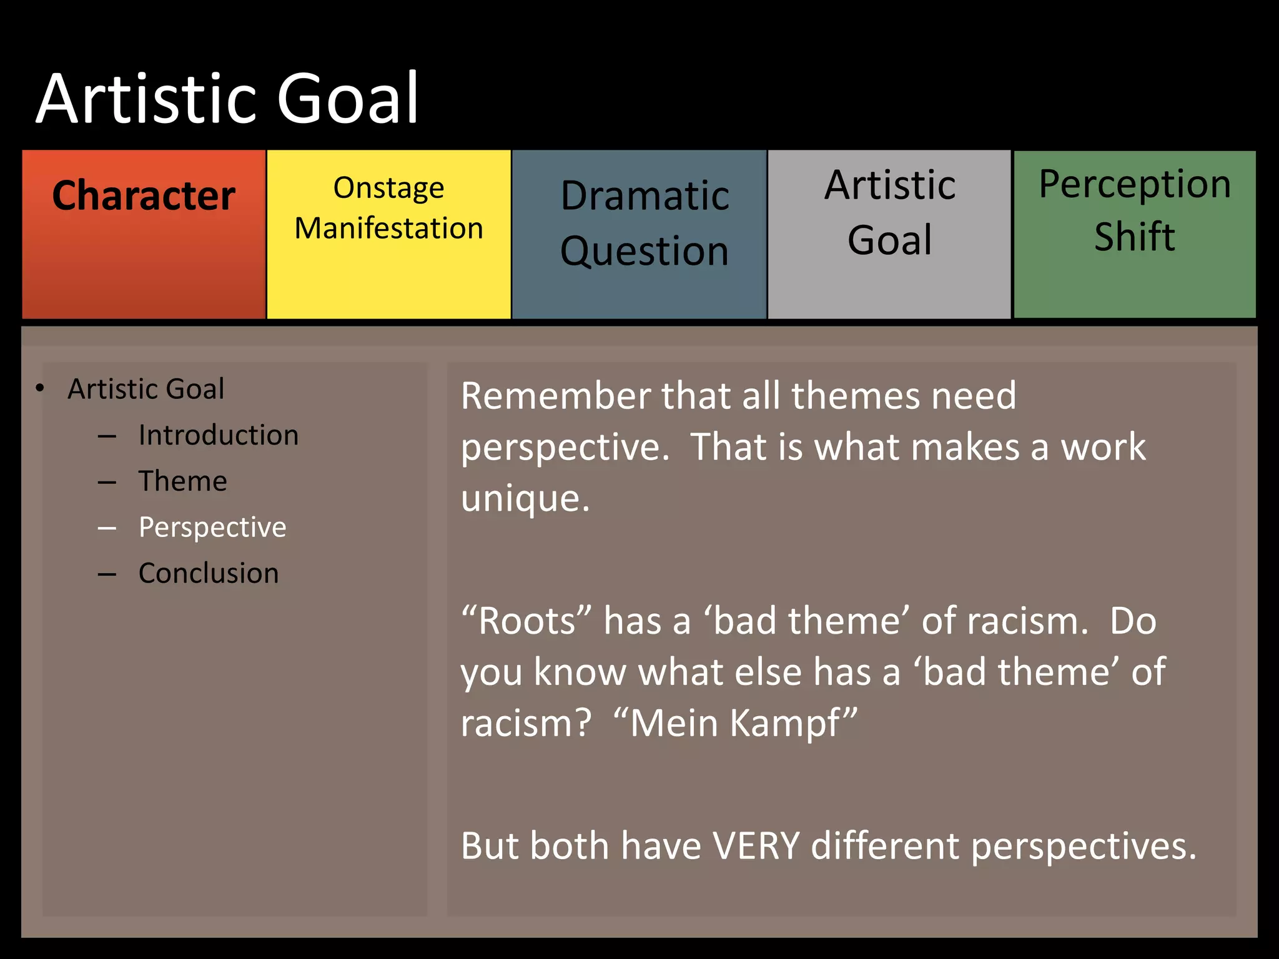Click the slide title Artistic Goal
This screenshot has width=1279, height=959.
pos(227,99)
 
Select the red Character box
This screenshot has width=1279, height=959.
pos(144,234)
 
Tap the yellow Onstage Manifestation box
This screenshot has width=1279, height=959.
pos(388,234)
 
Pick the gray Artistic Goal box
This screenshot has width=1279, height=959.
pos(889,234)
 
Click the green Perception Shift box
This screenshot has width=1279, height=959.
pos(1134,234)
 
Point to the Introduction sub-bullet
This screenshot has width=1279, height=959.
pos(219,435)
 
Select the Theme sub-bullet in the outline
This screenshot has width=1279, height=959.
pos(182,481)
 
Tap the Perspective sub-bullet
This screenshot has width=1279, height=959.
pos(212,528)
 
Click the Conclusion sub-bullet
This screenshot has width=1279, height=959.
pos(209,573)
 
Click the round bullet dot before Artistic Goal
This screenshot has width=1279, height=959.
pos(40,388)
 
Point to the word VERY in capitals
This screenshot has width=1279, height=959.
pos(756,846)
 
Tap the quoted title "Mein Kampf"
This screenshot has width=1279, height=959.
pos(735,723)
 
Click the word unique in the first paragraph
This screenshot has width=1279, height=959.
pos(525,499)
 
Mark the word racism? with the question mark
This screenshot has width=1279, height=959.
pos(526,723)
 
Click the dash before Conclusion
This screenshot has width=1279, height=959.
pos(107,574)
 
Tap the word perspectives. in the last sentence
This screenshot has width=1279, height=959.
pos(1084,847)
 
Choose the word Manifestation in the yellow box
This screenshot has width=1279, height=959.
pos(388,228)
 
